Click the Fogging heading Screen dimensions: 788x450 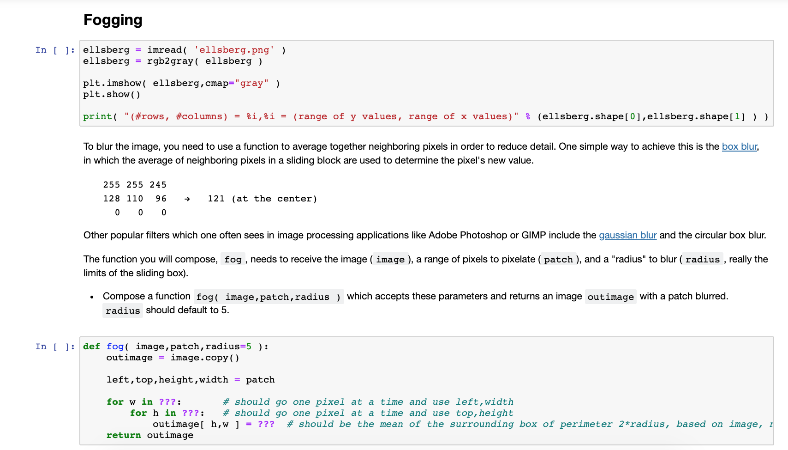click(x=113, y=20)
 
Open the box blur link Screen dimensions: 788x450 click(x=739, y=146)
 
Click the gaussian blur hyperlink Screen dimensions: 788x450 click(x=627, y=235)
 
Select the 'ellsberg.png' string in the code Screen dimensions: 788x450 click(x=234, y=50)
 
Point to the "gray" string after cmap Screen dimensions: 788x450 click(x=251, y=83)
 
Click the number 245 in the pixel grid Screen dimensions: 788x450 click(x=158, y=185)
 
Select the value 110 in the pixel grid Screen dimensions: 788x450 click(x=135, y=199)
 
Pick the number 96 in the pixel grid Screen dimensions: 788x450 click(x=161, y=199)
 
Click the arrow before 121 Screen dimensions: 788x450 click(x=187, y=199)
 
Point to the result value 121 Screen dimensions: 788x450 click(x=216, y=199)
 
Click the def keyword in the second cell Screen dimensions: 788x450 click(x=91, y=347)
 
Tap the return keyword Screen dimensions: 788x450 click(x=123, y=435)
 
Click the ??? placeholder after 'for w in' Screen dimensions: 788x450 click(x=167, y=402)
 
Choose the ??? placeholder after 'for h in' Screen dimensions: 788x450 click(x=191, y=413)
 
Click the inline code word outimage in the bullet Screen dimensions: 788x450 click(x=610, y=297)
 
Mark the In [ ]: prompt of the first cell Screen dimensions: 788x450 click(x=55, y=50)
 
